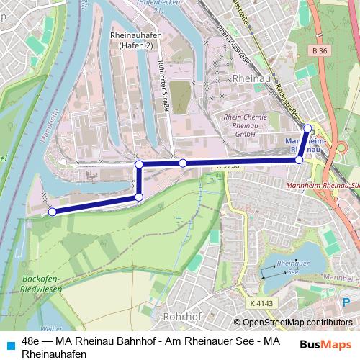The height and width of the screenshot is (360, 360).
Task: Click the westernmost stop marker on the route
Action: coord(52,212)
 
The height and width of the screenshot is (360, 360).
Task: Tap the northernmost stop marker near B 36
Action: coord(307,128)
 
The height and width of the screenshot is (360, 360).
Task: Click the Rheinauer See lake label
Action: coord(292,268)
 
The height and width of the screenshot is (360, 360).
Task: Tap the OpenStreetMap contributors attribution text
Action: coord(292,322)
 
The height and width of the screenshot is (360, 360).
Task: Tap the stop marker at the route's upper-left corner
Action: coord(139,165)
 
